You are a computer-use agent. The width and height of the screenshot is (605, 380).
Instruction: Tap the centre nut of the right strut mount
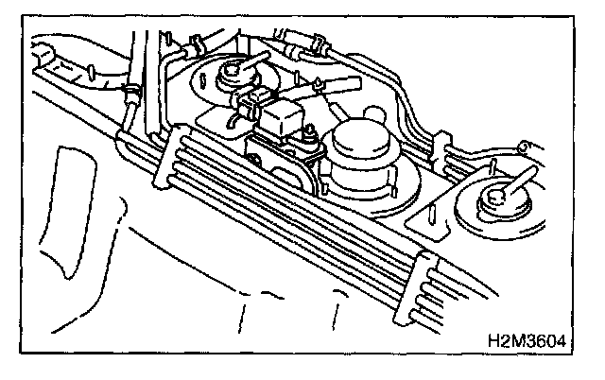tap(495, 199)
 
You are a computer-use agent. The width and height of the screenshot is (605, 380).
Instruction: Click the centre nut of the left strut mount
tap(231, 71)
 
